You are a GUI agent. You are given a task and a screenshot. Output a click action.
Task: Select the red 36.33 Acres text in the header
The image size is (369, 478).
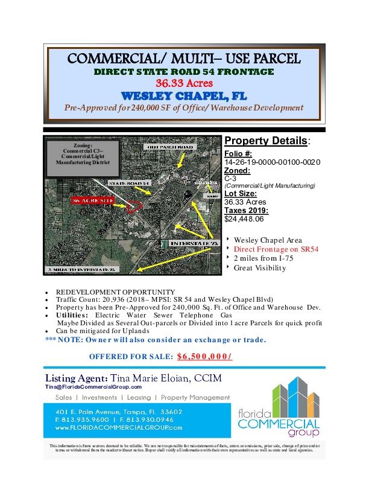pos(184,84)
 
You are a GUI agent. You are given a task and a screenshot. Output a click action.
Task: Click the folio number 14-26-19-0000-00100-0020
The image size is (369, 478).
pos(272,163)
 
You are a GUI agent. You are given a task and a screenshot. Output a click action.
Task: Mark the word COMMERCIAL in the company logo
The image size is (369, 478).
pos(287,422)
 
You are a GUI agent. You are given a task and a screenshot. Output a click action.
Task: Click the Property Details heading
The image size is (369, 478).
pos(266,141)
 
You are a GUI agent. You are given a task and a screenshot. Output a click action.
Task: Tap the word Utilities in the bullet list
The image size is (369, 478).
pos(70,316)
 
